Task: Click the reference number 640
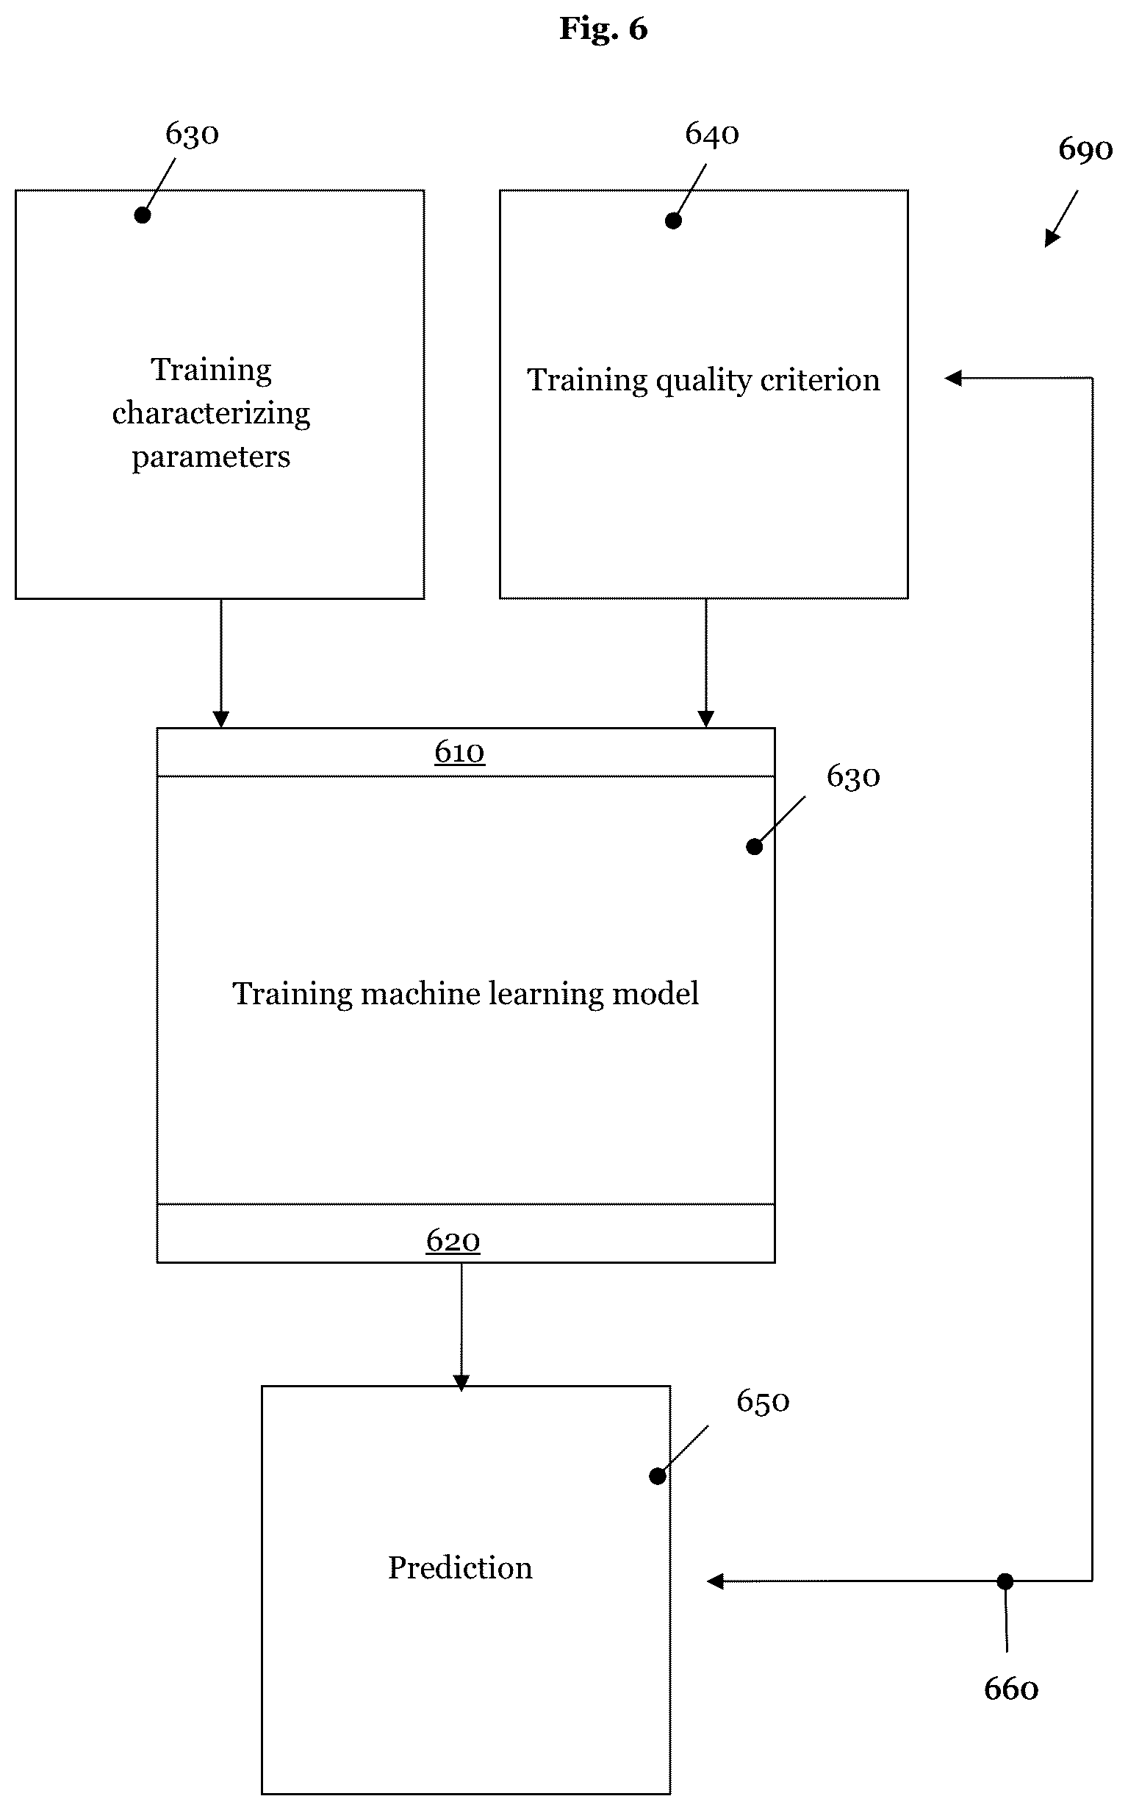click(x=712, y=135)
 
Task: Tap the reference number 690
click(x=1085, y=150)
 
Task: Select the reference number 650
click(x=763, y=1402)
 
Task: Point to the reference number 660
click(x=1011, y=1689)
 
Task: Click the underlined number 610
click(x=459, y=752)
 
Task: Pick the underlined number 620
click(x=453, y=1241)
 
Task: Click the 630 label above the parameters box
click(x=192, y=135)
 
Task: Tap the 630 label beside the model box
click(x=852, y=777)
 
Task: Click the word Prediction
click(x=460, y=1567)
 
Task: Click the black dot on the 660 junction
click(x=1005, y=1581)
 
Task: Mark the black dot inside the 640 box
click(x=673, y=221)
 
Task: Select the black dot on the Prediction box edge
click(x=657, y=1476)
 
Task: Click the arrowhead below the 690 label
click(x=1051, y=238)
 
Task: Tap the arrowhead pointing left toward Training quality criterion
click(x=952, y=379)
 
